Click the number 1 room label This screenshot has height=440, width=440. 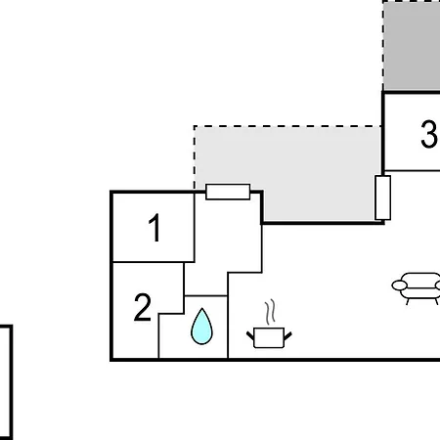[x=154, y=228]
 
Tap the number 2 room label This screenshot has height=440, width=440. [x=143, y=307]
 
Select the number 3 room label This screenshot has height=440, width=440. [x=428, y=134]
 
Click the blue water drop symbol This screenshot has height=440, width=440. [x=201, y=327]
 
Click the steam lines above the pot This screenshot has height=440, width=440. [x=270, y=312]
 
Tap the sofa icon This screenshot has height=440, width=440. [x=417, y=288]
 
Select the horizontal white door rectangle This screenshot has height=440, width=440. [x=228, y=192]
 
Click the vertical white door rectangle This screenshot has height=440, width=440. [x=383, y=198]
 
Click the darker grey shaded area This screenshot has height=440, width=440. [x=412, y=46]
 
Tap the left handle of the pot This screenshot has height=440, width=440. [x=250, y=335]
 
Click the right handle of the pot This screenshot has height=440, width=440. [x=288, y=335]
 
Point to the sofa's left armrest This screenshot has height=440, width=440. [x=399, y=286]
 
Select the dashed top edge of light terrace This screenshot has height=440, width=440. [x=287, y=126]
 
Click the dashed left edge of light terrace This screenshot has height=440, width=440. [x=195, y=157]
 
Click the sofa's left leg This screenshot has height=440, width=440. [x=408, y=301]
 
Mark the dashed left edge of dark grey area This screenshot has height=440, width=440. [x=383, y=46]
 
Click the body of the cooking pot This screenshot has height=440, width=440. [x=269, y=338]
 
